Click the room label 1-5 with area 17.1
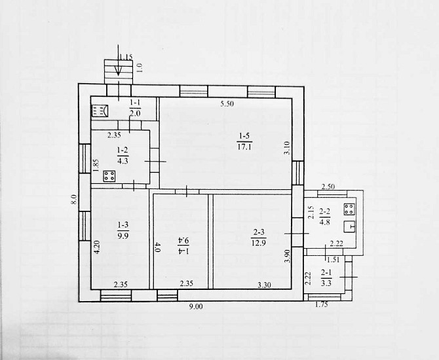pyautogui.click(x=244, y=141)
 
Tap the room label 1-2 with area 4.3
pyautogui.click(x=123, y=156)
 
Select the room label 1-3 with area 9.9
pyautogui.click(x=123, y=230)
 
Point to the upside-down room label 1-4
pyautogui.click(x=183, y=245)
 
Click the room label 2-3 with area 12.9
pyautogui.click(x=259, y=238)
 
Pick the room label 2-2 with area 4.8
pyautogui.click(x=325, y=217)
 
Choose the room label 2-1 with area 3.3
pyautogui.click(x=326, y=278)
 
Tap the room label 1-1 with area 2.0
pyautogui.click(x=135, y=108)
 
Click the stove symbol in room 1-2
pyautogui.click(x=109, y=176)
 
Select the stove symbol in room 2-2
pyautogui.click(x=349, y=209)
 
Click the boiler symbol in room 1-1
pyautogui.click(x=100, y=111)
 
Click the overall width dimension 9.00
pyautogui.click(x=196, y=306)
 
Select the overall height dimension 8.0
pyautogui.click(x=73, y=200)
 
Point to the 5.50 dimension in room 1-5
pyautogui.click(x=227, y=104)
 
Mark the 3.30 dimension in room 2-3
pyautogui.click(x=264, y=285)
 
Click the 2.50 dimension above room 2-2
pyautogui.click(x=328, y=187)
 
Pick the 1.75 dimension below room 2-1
pyautogui.click(x=321, y=305)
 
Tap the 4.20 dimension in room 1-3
pyautogui.click(x=97, y=247)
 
